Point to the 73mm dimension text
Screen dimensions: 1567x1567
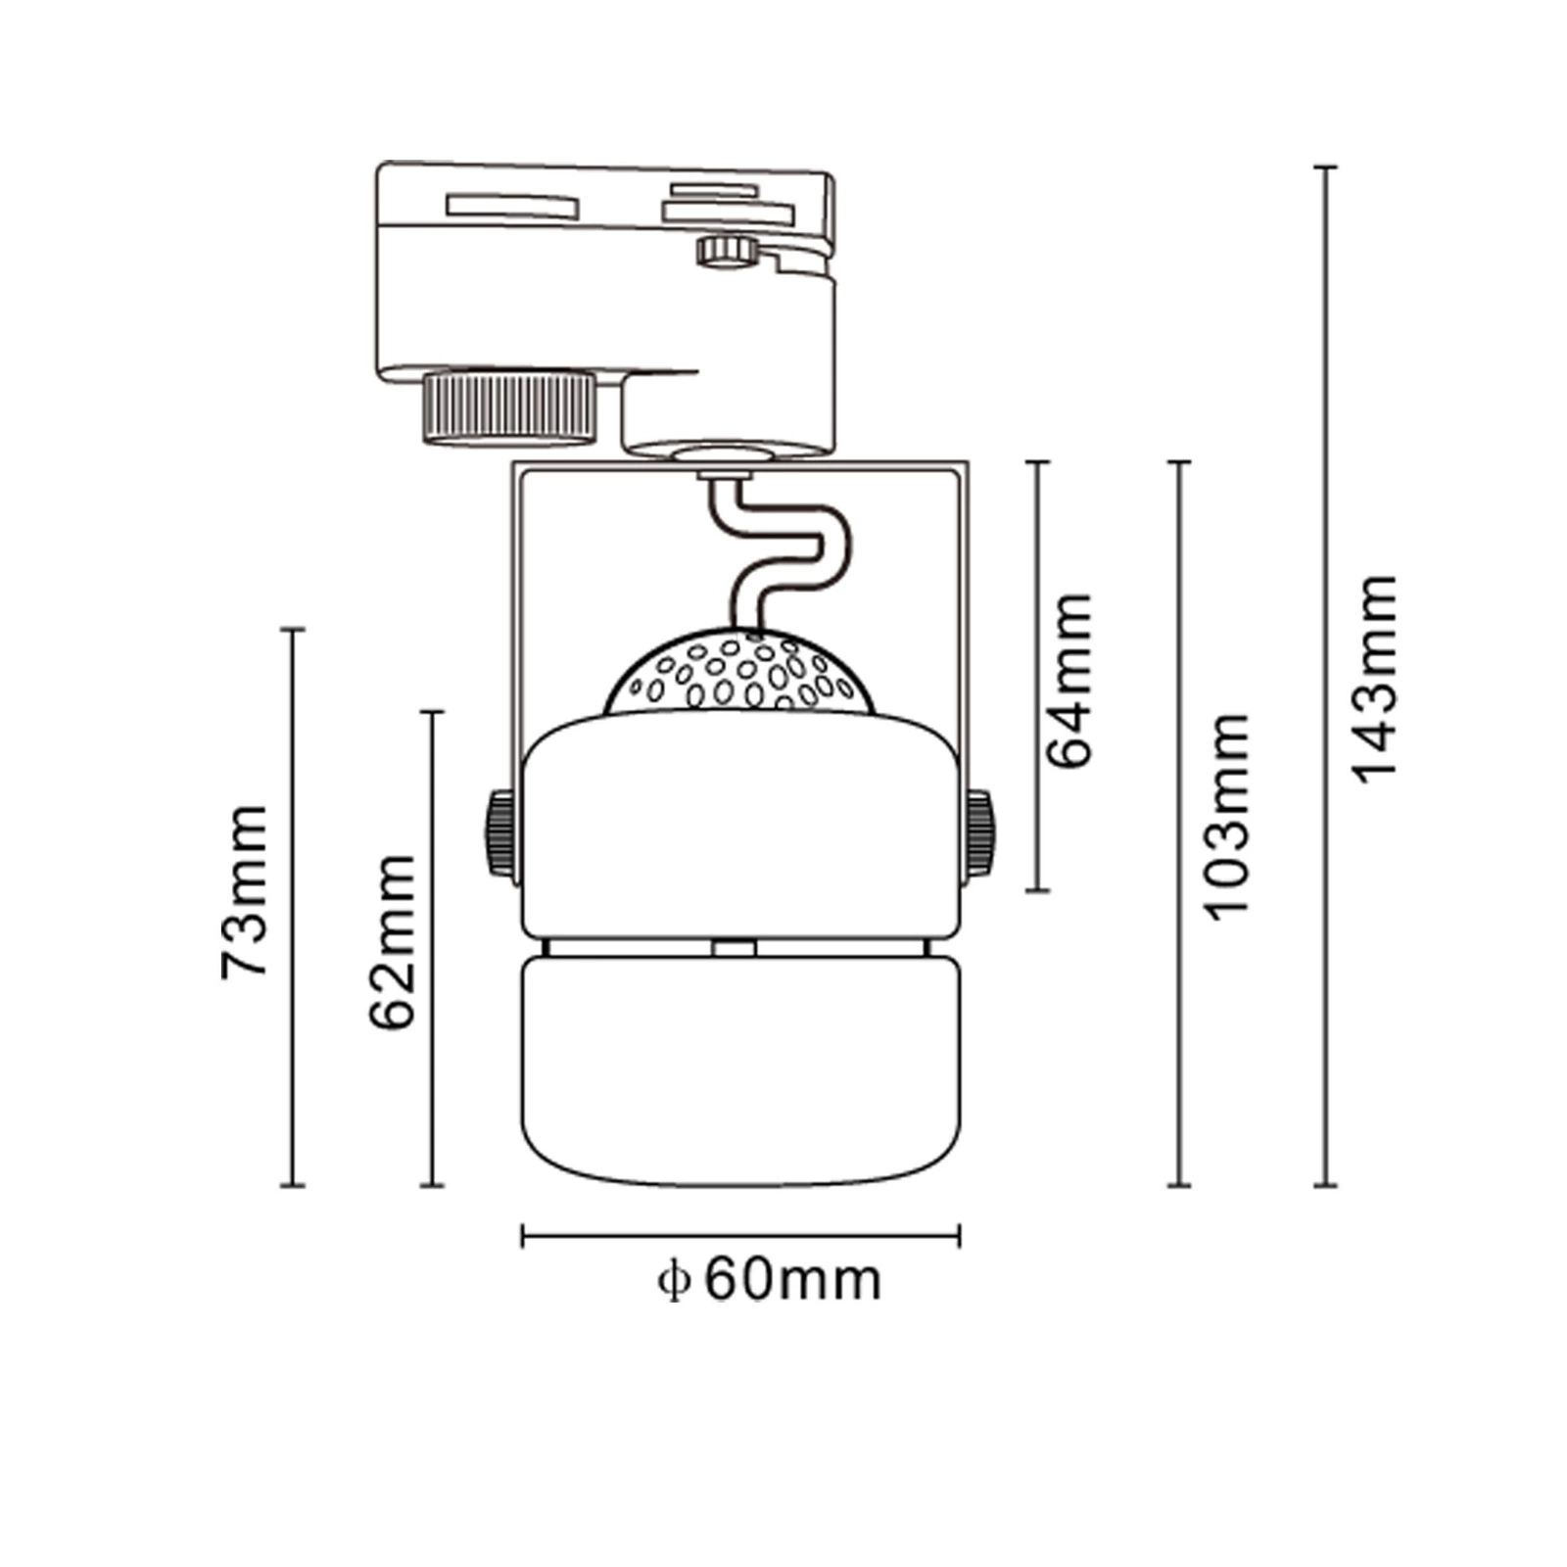point(244,891)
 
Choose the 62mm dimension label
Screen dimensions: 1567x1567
point(392,941)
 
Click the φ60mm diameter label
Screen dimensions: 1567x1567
point(770,1279)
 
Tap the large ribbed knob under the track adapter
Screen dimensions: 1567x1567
point(508,404)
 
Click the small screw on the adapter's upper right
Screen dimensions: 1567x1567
point(726,250)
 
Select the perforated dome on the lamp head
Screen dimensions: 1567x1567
point(739,673)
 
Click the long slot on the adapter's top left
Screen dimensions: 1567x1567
point(511,207)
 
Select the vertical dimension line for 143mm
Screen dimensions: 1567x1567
point(1325,676)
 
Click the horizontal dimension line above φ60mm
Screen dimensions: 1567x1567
point(740,1236)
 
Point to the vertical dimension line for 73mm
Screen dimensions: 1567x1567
point(293,906)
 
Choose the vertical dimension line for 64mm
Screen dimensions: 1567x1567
point(1038,676)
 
